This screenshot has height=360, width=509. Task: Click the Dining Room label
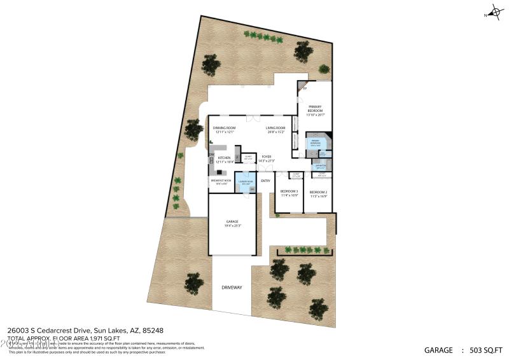click(x=223, y=130)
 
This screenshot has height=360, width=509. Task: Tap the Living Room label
click(x=275, y=130)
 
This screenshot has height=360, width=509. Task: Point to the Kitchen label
click(x=224, y=160)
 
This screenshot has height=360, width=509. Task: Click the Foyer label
click(x=266, y=159)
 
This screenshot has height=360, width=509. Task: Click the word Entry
click(x=265, y=181)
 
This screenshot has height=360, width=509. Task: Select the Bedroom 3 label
click(x=289, y=193)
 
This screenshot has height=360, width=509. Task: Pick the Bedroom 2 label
click(x=318, y=193)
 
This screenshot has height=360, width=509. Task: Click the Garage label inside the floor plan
click(x=232, y=223)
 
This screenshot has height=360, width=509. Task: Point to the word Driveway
click(x=232, y=287)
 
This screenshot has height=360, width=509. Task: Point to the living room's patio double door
click(x=253, y=116)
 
